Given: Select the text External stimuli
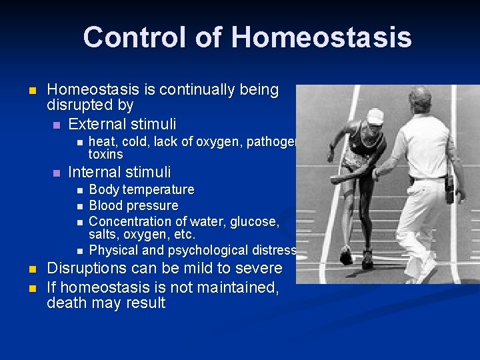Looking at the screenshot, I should (122, 124).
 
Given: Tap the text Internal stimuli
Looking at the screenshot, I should (119, 172).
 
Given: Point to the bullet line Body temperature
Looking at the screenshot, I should (141, 190).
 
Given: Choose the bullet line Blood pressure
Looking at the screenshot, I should (133, 206).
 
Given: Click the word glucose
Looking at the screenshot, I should (255, 221).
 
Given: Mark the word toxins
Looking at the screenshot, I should (106, 154).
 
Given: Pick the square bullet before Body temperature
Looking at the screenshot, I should (79, 191).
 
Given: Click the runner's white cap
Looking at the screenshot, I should (375, 117).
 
